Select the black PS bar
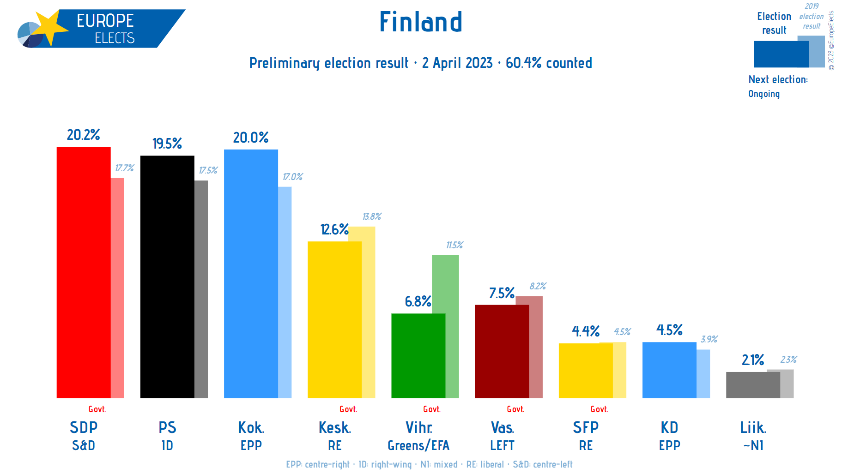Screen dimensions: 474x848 167,277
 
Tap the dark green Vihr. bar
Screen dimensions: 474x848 418,355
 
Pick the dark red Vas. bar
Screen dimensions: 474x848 502,351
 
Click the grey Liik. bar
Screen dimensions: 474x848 753,385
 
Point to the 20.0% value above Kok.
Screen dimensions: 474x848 250,138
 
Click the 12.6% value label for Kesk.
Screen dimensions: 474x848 334,229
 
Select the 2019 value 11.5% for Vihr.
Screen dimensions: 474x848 454,245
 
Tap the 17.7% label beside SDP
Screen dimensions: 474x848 124,168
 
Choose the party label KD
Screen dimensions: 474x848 669,427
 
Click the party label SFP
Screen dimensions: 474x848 586,427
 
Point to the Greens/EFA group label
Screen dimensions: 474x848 418,445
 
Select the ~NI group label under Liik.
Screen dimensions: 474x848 753,445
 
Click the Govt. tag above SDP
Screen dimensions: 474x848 97,409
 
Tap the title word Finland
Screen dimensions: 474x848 420,22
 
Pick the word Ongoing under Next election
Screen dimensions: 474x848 764,94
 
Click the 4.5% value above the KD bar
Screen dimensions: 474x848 669,330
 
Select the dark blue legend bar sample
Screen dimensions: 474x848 781,54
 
